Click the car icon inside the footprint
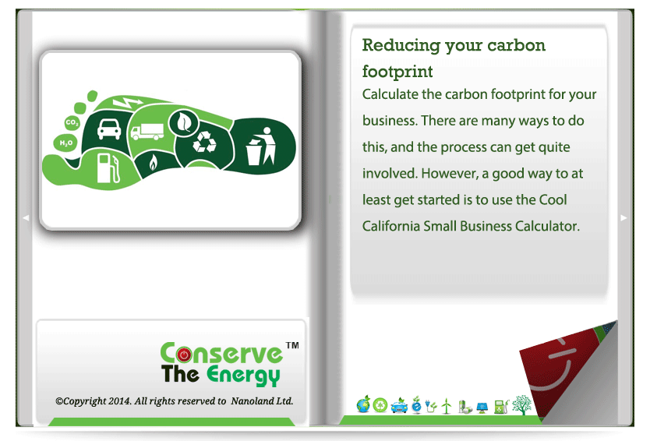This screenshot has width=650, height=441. tap(109, 129)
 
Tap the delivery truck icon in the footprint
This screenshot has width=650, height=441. tap(147, 132)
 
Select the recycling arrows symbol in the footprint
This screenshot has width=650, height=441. tap(204, 142)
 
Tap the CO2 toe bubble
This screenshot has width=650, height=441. tap(72, 122)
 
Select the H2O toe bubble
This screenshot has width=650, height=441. tap(66, 143)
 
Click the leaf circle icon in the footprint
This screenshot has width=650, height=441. tap(183, 122)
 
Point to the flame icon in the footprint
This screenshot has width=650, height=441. tap(153, 163)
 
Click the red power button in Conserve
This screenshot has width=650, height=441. tap(184, 355)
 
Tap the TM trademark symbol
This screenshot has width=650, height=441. tap(292, 345)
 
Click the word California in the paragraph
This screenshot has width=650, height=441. tap(390, 226)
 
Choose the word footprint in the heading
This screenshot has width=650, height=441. tap(397, 72)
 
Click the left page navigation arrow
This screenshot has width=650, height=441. tap(26, 217)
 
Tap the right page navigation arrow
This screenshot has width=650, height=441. tap(624, 217)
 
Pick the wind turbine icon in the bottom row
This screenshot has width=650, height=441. tap(447, 406)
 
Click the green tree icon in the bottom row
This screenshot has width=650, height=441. tap(521, 404)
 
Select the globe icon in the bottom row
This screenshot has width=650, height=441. tap(363, 404)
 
